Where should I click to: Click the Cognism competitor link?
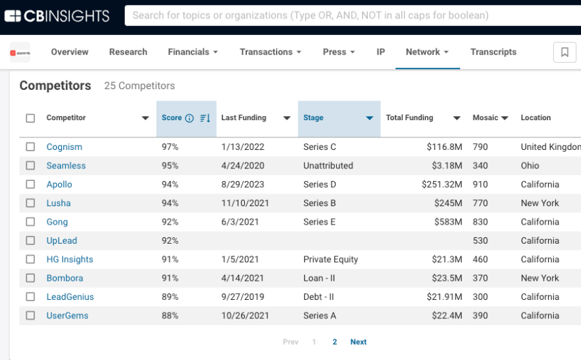click(x=64, y=147)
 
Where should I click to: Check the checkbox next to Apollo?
click(x=30, y=184)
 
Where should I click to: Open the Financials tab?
click(x=193, y=52)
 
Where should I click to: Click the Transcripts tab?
click(x=493, y=52)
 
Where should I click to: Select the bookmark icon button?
click(x=564, y=52)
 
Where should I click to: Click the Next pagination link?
click(x=359, y=342)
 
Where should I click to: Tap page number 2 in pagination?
click(x=335, y=342)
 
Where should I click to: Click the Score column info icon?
click(x=189, y=118)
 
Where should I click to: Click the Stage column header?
click(x=314, y=118)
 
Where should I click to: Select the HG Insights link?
click(x=69, y=260)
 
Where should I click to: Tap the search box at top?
click(x=350, y=15)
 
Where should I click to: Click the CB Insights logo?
click(x=59, y=16)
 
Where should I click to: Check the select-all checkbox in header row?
click(x=30, y=118)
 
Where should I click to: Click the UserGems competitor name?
click(x=67, y=316)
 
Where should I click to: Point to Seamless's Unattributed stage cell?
click(x=328, y=166)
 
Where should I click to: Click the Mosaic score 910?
click(x=480, y=184)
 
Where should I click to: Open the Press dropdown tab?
click(x=339, y=52)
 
